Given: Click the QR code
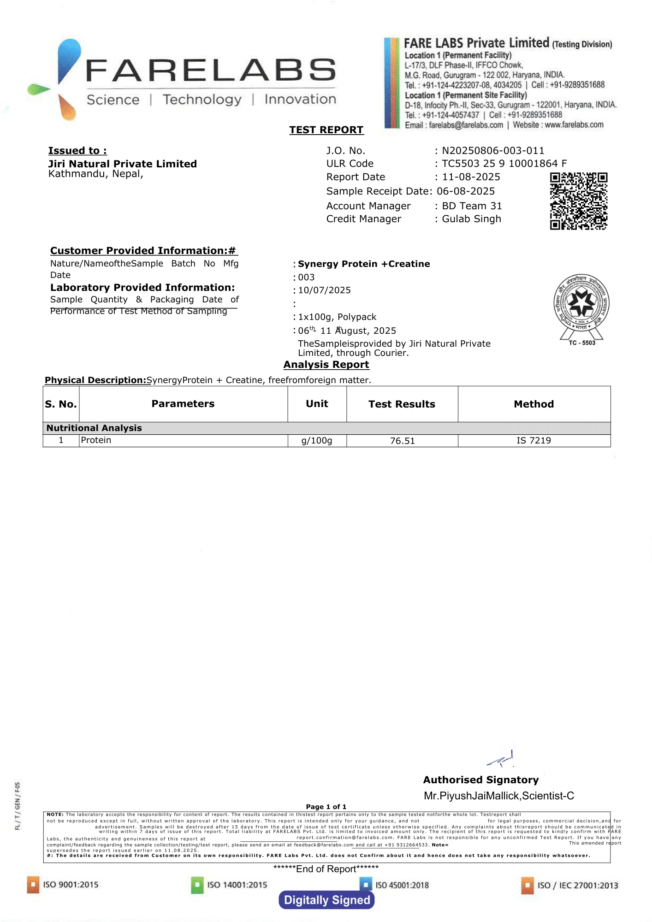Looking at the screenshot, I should click(x=578, y=201).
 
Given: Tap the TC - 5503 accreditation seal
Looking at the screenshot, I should click(x=581, y=307).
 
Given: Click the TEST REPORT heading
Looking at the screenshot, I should click(x=326, y=130).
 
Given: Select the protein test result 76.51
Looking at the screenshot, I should click(x=402, y=441).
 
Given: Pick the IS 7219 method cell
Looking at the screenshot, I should click(x=533, y=441).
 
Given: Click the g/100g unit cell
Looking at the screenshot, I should click(x=317, y=441).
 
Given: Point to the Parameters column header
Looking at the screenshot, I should click(x=183, y=404).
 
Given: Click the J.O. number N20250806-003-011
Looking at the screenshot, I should click(x=493, y=151).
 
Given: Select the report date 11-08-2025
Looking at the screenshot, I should click(x=471, y=177).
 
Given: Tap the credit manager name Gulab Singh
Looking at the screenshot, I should click(x=471, y=219).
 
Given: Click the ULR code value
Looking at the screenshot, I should click(x=504, y=164).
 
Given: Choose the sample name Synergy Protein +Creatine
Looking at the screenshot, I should click(x=364, y=264).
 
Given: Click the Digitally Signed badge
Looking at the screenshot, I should click(x=326, y=900).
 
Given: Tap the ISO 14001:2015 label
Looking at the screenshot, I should click(x=237, y=885).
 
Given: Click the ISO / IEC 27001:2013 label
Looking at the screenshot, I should click(x=577, y=885).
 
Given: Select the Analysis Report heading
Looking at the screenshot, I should click(x=326, y=365).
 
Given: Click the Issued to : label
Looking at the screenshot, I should click(x=77, y=151).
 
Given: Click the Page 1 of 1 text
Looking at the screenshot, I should click(x=326, y=807).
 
